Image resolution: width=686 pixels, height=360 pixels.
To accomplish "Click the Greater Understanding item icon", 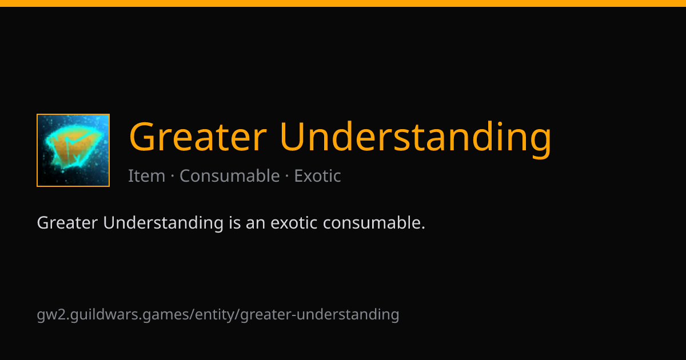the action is pyautogui.click(x=73, y=150).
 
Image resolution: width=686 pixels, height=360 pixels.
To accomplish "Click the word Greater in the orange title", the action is pyautogui.click(x=198, y=136).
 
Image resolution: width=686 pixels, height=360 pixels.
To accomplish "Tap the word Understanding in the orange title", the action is pyautogui.click(x=416, y=139).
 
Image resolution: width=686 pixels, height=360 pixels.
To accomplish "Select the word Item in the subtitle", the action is pyautogui.click(x=147, y=176).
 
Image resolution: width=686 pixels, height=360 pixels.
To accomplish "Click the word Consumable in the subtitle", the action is pyautogui.click(x=230, y=175).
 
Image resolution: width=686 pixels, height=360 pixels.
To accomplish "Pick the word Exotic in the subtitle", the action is pyautogui.click(x=318, y=176).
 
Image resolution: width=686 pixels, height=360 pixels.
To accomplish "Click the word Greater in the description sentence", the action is pyautogui.click(x=67, y=222).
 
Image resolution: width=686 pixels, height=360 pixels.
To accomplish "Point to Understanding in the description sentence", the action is pyautogui.click(x=163, y=223).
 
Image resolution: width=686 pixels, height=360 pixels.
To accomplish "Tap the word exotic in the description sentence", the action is pyautogui.click(x=294, y=222).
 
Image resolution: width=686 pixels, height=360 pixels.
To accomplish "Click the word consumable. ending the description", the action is pyautogui.click(x=374, y=222).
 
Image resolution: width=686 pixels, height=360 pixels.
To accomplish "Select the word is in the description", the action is pyautogui.click(x=235, y=222).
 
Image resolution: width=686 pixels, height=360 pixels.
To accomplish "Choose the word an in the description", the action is pyautogui.click(x=256, y=225).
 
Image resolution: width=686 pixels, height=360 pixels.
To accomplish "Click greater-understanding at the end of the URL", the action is pyautogui.click(x=320, y=315).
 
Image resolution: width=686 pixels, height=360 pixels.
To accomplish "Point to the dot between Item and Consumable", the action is pyautogui.click(x=173, y=176).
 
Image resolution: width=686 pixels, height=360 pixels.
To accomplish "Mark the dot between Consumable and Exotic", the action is pyautogui.click(x=287, y=176).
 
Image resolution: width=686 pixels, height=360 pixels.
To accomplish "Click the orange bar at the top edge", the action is pyautogui.click(x=343, y=3).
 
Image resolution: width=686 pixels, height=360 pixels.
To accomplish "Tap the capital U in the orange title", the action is pyautogui.click(x=293, y=137).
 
